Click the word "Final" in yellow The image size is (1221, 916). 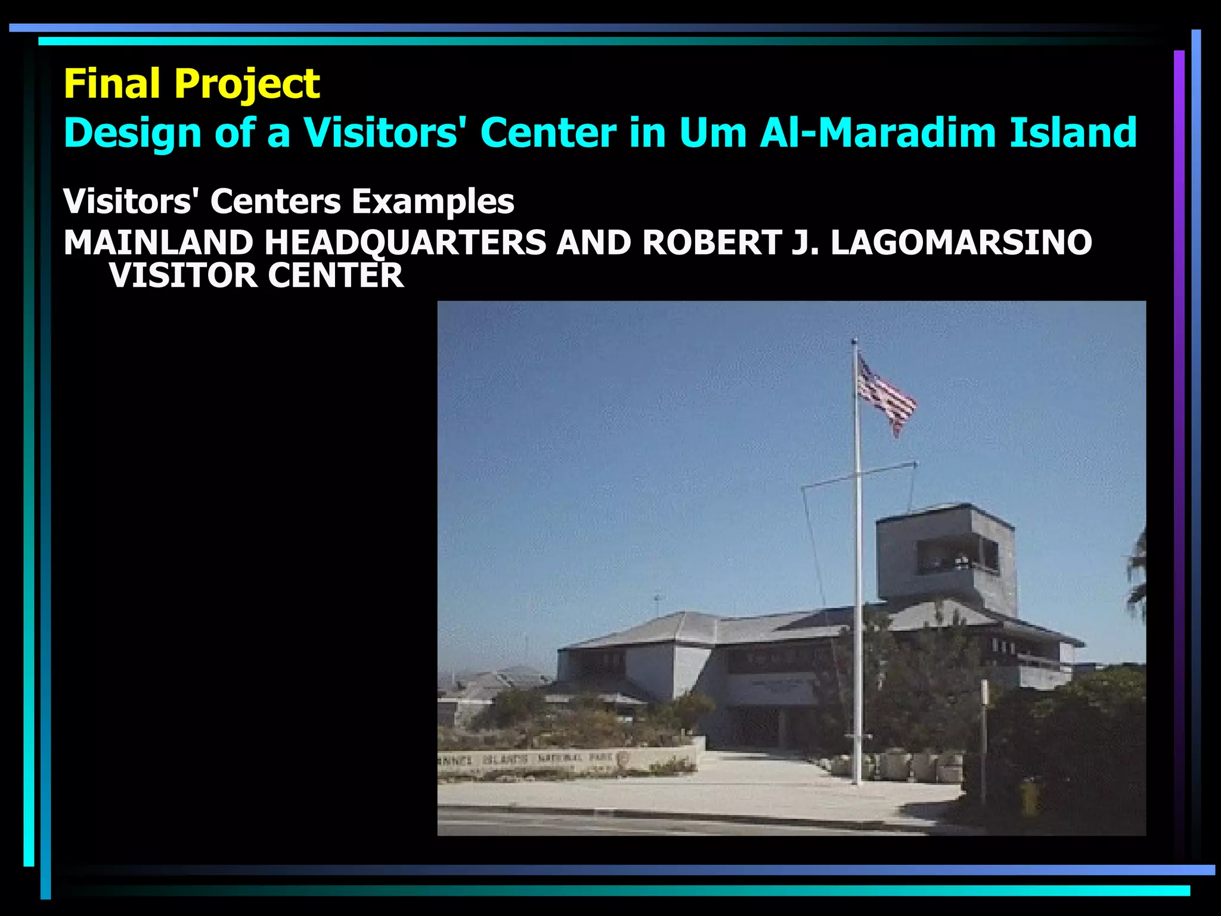click(113, 83)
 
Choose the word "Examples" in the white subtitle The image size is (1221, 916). click(432, 202)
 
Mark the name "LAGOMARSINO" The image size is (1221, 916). click(961, 243)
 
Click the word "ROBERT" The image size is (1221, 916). click(712, 243)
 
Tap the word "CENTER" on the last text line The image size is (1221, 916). click(336, 276)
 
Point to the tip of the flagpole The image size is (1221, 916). click(854, 341)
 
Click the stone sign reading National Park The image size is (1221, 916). click(566, 760)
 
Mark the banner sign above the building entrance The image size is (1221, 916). click(772, 686)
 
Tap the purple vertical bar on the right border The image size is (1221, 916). click(1179, 417)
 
